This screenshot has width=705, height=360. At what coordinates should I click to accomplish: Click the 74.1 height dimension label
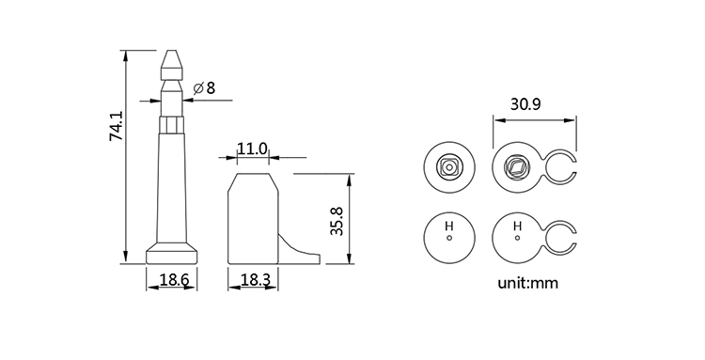pyautogui.click(x=116, y=126)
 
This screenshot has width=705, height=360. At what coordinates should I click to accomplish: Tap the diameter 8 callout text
pyautogui.click(x=205, y=88)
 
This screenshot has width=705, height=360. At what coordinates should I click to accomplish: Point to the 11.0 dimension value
pyautogui.click(x=252, y=149)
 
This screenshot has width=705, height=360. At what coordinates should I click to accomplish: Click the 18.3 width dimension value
pyautogui.click(x=256, y=280)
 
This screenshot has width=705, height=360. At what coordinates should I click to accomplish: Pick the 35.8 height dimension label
pyautogui.click(x=337, y=221)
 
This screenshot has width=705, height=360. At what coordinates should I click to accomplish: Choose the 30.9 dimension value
pyautogui.click(x=525, y=104)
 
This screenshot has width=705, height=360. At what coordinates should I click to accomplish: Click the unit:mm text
pyautogui.click(x=528, y=283)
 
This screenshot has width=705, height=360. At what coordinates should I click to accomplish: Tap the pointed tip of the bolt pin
pyautogui.click(x=172, y=51)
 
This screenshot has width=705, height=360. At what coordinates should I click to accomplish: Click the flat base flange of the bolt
pyautogui.click(x=172, y=254)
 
